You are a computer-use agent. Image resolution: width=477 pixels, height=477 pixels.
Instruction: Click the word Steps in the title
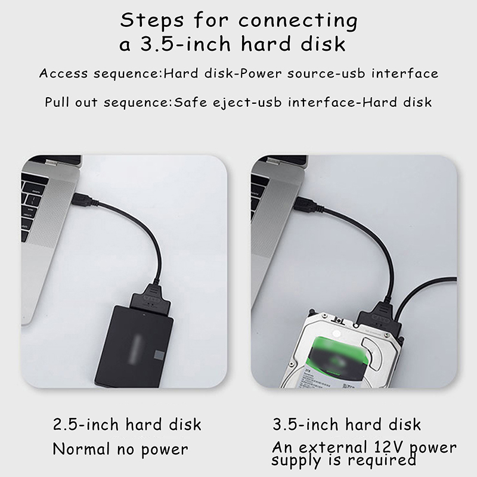point(152,21)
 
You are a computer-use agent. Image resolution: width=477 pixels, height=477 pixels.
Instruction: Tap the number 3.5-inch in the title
point(185,44)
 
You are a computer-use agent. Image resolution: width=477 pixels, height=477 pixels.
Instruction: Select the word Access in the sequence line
point(63,73)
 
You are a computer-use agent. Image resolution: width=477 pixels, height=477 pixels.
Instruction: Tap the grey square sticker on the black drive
point(159,355)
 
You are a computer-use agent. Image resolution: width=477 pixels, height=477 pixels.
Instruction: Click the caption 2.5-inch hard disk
point(127,424)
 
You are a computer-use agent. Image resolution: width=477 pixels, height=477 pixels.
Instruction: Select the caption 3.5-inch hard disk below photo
point(347,424)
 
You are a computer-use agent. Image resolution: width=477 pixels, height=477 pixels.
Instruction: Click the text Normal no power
point(120,450)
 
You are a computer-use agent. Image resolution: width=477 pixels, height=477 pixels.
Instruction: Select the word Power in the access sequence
point(261,73)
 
